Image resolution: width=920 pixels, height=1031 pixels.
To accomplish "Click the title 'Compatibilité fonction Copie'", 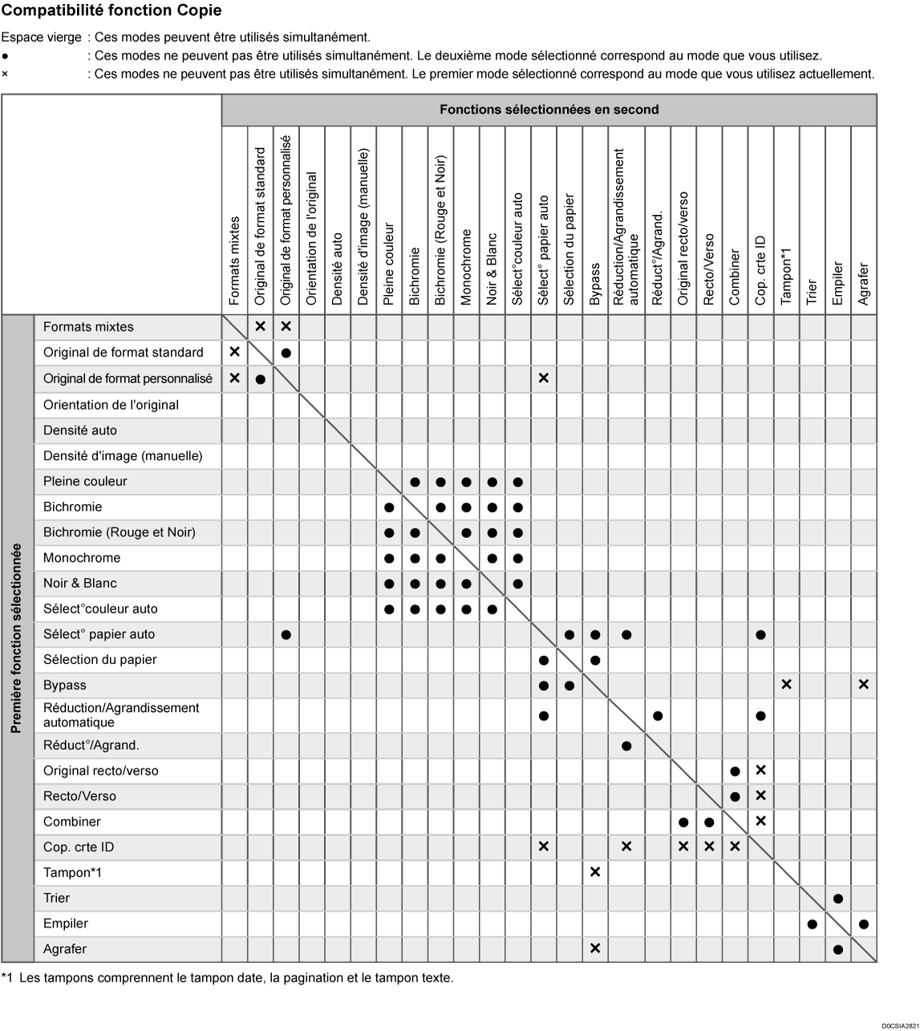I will tap(111, 11).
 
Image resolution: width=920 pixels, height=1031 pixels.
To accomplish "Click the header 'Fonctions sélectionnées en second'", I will tap(549, 110).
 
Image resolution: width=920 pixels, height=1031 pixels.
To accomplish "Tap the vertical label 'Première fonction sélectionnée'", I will tap(17, 638).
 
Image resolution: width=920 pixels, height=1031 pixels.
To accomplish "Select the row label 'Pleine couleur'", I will tap(85, 482).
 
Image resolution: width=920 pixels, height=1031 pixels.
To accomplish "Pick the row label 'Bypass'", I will tap(64, 685).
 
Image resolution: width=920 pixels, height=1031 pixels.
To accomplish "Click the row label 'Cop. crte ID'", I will tap(77, 847).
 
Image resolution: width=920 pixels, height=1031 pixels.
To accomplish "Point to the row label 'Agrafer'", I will tap(64, 949).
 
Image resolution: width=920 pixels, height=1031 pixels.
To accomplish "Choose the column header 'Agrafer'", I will tap(864, 284).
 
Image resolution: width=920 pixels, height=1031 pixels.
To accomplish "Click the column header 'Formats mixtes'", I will tap(234, 261).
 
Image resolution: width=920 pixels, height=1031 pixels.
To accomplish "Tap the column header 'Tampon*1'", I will tap(787, 276).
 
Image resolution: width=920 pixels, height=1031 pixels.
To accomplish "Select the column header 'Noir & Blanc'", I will tap(492, 269).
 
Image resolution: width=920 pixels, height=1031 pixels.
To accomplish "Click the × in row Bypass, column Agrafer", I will tap(864, 685).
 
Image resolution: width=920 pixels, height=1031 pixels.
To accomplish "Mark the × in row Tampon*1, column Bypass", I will tap(595, 872).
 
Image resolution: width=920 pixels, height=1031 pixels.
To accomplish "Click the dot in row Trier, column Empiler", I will tap(838, 899).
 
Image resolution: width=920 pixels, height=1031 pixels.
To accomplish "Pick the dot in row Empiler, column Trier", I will tap(813, 924).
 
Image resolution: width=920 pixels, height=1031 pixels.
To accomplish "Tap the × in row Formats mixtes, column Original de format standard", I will tap(260, 326).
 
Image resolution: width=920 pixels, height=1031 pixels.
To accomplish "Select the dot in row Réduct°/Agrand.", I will tap(626, 746).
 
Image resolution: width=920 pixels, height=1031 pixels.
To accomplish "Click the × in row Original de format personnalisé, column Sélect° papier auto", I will tap(544, 378).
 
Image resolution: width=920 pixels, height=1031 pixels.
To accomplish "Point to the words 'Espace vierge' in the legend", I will tap(41, 38).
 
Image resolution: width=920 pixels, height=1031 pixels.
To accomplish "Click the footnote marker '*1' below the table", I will tap(7, 978).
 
